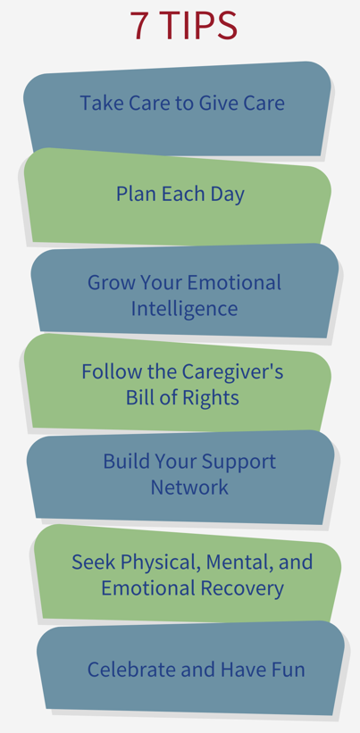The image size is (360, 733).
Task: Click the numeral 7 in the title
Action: click(139, 25)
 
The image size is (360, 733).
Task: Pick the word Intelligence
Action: click(184, 309)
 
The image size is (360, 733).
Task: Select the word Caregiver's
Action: click(232, 371)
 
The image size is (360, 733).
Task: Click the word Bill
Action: click(137, 398)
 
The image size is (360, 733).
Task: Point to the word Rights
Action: click(213, 398)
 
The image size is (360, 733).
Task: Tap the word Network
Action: click(189, 487)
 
